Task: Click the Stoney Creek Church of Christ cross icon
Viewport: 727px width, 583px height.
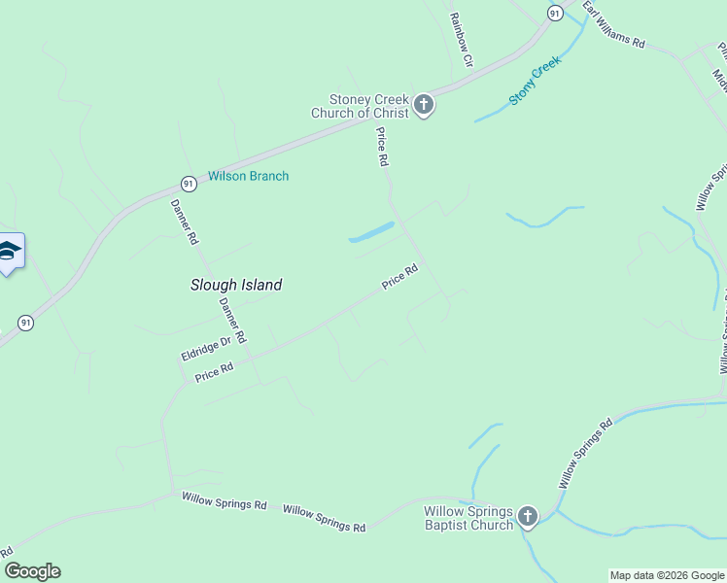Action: coord(423,105)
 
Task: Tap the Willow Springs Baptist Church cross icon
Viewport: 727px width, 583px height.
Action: coord(528,517)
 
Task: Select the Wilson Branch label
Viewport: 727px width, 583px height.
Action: coord(248,177)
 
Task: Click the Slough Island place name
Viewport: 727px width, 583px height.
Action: coord(236,285)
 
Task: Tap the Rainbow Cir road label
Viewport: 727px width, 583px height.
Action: coord(460,39)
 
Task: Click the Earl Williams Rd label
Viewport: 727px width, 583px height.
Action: coord(614,25)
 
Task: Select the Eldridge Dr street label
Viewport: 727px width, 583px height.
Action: coord(205,348)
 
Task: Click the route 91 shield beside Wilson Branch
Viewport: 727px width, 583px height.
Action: coord(188,183)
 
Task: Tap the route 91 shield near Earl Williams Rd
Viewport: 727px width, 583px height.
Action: coord(554,13)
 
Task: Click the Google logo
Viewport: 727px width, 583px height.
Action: coord(32,571)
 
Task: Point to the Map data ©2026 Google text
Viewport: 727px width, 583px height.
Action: coord(667,575)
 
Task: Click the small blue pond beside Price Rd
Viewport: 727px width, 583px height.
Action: coord(371,233)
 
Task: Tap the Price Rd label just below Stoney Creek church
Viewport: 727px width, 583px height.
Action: coord(383,148)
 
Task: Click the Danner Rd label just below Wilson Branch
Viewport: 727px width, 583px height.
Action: coord(185,222)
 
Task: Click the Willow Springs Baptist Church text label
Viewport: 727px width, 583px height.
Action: coord(468,518)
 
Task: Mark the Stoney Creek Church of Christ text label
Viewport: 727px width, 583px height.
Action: coord(359,106)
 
